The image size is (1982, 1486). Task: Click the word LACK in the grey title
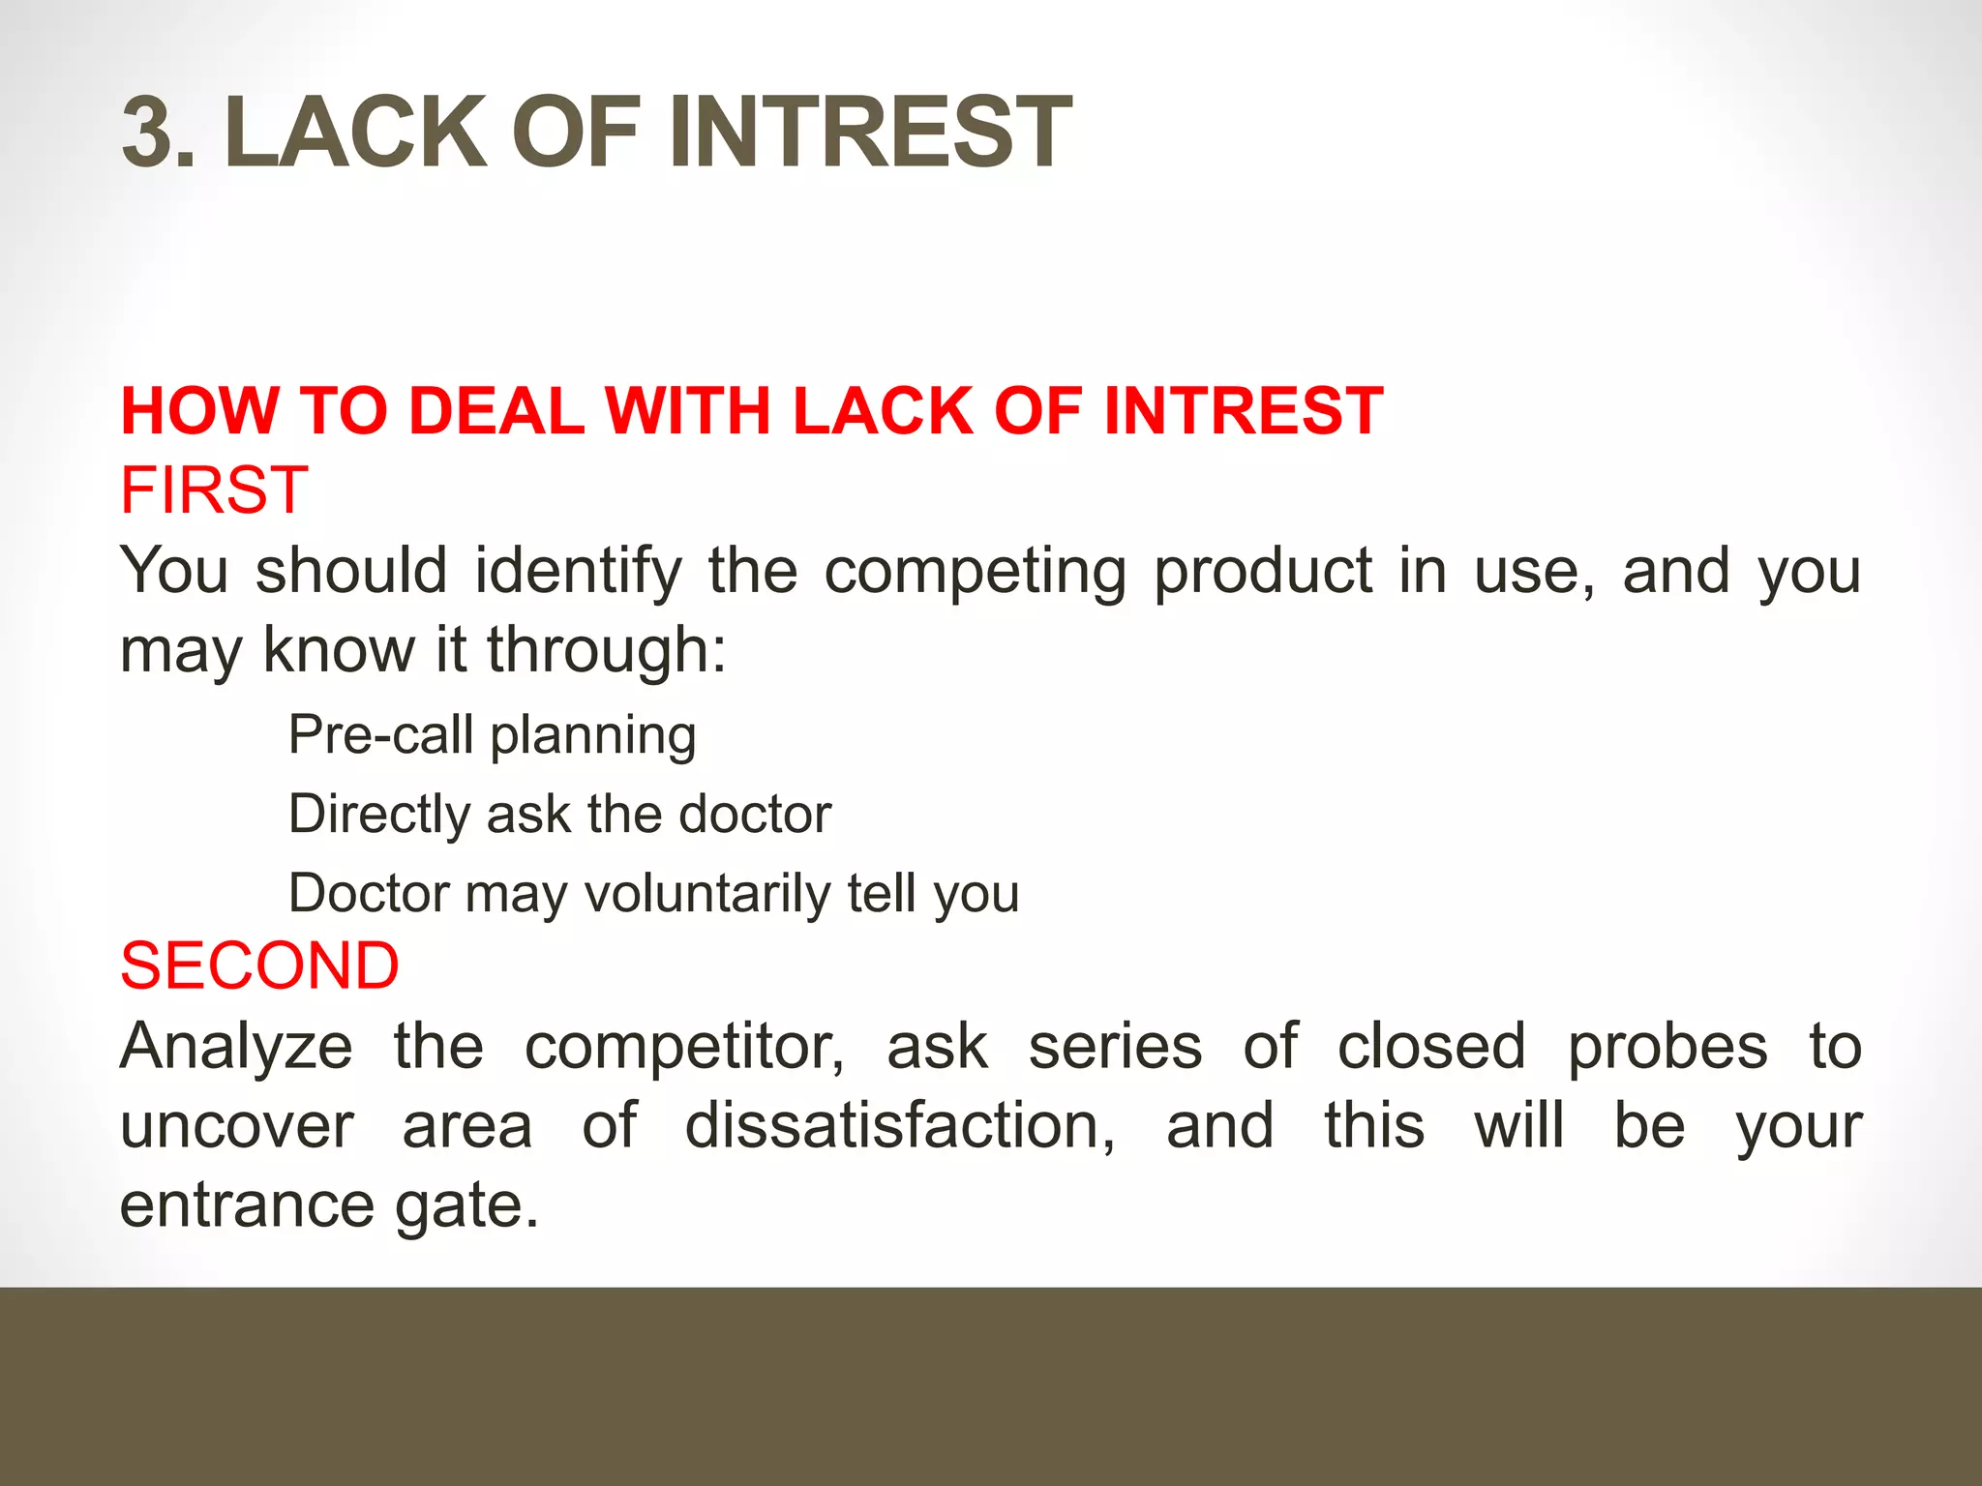tap(354, 133)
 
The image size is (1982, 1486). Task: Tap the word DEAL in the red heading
tap(496, 411)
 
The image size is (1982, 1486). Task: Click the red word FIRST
tap(214, 490)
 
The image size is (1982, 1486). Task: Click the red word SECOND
tap(259, 966)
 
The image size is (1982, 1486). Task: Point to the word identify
tap(578, 571)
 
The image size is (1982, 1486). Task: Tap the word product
tap(1262, 571)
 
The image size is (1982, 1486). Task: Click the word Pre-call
tap(380, 735)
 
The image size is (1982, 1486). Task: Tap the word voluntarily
tap(706, 894)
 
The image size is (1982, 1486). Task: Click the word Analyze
tap(236, 1048)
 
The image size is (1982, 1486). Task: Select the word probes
tap(1667, 1048)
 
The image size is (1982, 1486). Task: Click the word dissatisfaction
tap(900, 1126)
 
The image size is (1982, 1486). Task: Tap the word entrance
tap(247, 1206)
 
